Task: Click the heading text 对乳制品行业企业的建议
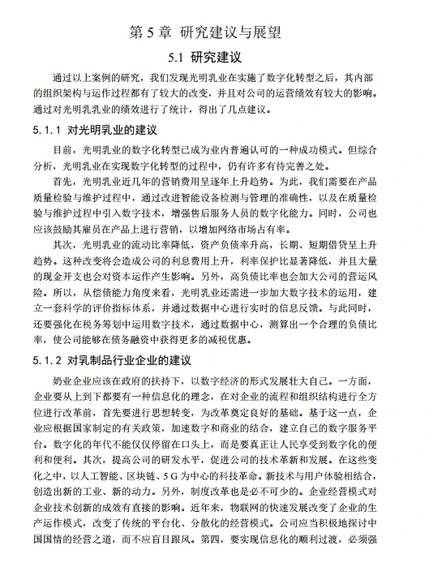(x=129, y=359)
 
